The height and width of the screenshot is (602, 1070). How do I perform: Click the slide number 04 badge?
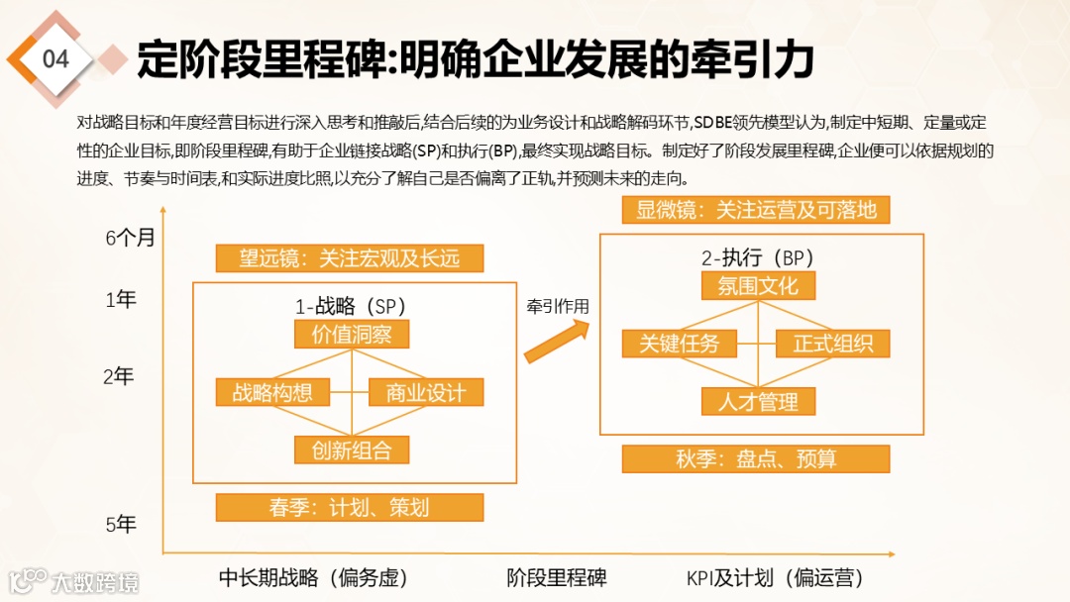point(56,59)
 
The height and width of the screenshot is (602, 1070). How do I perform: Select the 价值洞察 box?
point(352,335)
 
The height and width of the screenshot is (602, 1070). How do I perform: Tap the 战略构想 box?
point(272,392)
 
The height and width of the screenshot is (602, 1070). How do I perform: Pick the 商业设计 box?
point(425,392)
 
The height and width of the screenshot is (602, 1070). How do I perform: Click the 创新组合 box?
point(352,451)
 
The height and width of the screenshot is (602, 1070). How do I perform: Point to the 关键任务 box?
point(679,344)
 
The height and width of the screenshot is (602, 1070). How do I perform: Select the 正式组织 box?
point(832,344)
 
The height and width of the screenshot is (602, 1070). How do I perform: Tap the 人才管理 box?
point(758,401)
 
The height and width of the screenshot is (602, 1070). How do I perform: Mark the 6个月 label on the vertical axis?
point(131,238)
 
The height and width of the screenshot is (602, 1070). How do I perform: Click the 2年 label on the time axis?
point(119,376)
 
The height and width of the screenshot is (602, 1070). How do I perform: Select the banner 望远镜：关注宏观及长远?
point(350,259)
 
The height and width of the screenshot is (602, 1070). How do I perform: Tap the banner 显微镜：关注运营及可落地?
point(756,210)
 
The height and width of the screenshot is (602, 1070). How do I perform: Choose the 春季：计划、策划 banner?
point(350,508)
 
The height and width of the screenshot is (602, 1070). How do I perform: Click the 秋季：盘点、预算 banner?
point(756,459)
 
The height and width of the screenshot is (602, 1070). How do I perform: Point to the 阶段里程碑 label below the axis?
point(557,577)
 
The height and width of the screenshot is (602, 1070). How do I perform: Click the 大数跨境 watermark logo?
point(74,581)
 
